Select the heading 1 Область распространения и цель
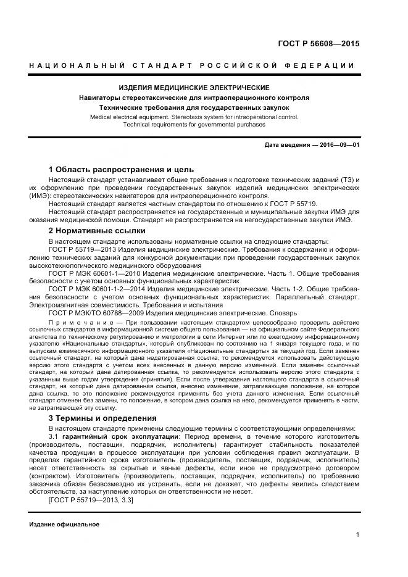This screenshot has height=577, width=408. (x=121, y=169)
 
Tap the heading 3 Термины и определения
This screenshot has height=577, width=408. (x=102, y=418)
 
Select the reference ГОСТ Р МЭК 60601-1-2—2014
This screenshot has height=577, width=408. (x=101, y=289)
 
